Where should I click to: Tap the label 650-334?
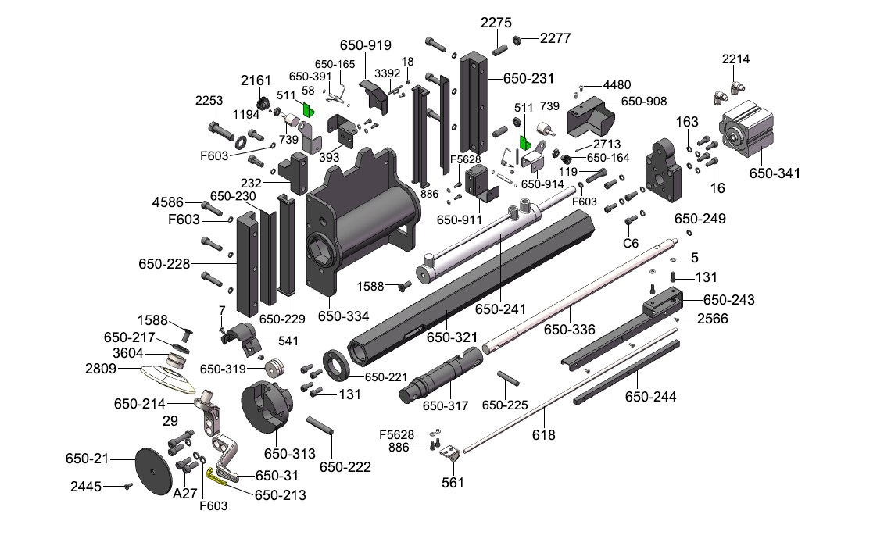coord(343,317)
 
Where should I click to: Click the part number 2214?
coord(736,59)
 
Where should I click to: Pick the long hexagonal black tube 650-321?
coord(469,289)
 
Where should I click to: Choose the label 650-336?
coord(570,330)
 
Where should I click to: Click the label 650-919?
coord(365,45)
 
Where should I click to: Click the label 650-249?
coord(700,219)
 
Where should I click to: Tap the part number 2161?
coord(256,80)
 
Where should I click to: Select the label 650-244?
coord(650,397)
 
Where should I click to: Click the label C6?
coord(631,243)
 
